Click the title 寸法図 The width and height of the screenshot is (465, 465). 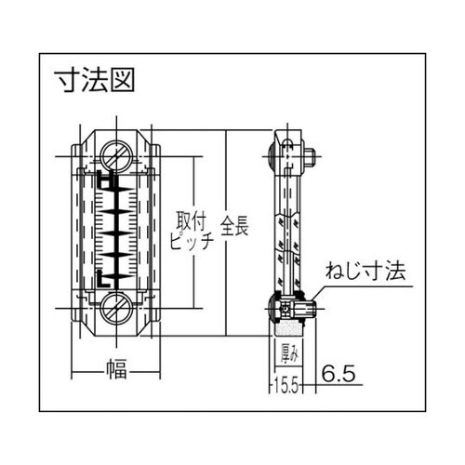[95, 80]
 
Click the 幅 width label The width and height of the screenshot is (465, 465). [116, 369]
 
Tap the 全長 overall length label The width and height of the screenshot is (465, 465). [234, 225]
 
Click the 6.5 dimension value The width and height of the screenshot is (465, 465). [339, 373]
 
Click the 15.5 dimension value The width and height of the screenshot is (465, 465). [286, 386]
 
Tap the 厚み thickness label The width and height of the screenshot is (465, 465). [287, 352]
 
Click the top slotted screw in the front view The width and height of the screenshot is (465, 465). [116, 156]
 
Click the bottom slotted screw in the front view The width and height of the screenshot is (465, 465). [116, 309]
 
